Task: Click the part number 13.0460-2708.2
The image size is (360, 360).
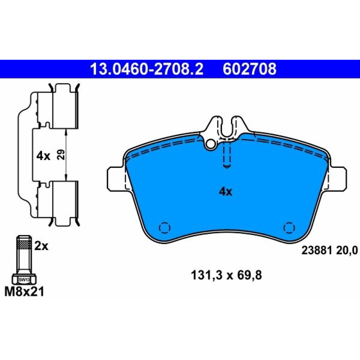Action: pyautogui.click(x=147, y=69)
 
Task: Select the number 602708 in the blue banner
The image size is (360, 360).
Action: pyautogui.click(x=249, y=69)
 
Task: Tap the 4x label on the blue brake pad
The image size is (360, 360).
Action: pyautogui.click(x=225, y=192)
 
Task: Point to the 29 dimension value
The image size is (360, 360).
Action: pyautogui.click(x=61, y=154)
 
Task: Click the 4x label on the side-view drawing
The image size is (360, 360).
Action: pyautogui.click(x=43, y=156)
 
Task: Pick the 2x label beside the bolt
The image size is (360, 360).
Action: pyautogui.click(x=41, y=246)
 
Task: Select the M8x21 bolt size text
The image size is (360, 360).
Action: pyautogui.click(x=24, y=292)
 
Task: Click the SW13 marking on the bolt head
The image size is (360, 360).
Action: pyautogui.click(x=24, y=280)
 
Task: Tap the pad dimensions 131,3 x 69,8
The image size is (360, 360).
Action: pyautogui.click(x=226, y=275)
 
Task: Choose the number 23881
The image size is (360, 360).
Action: pyautogui.click(x=317, y=250)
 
